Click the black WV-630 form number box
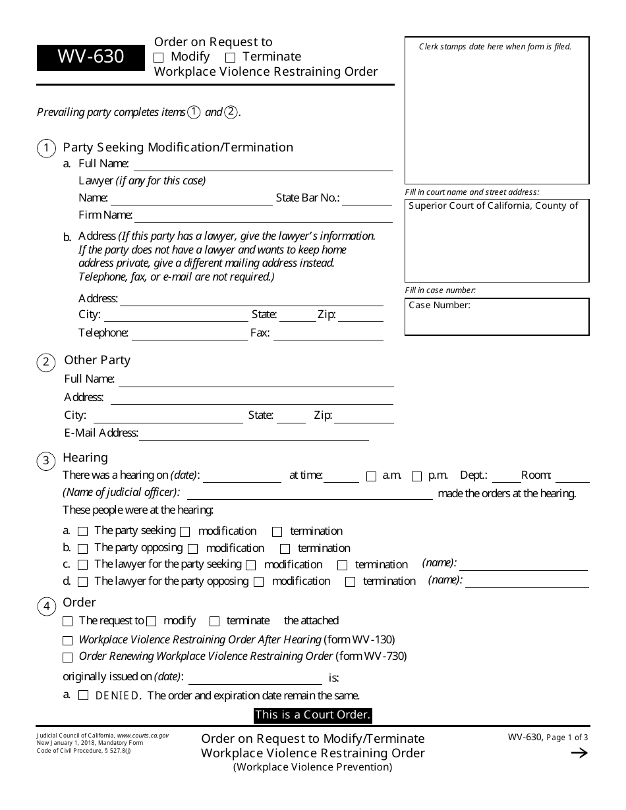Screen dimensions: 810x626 [x=90, y=57]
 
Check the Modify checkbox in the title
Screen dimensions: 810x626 [x=159, y=57]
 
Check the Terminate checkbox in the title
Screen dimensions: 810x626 [x=230, y=57]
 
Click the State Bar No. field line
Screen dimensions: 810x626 [x=366, y=199]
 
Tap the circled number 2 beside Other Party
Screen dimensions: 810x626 [x=46, y=362]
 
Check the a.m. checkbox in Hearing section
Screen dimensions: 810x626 [x=371, y=476]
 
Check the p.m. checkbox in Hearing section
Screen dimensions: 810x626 [x=416, y=476]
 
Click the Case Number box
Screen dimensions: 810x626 [x=497, y=317]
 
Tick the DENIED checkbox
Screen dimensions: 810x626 [x=83, y=695]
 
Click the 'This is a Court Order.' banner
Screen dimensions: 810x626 [x=313, y=715]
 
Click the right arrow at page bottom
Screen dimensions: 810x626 [x=579, y=753]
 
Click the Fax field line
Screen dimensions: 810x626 [x=327, y=334]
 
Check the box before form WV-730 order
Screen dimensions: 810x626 [x=67, y=657]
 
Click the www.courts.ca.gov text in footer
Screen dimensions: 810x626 [x=142, y=735]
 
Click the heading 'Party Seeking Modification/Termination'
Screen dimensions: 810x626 [x=178, y=148]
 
